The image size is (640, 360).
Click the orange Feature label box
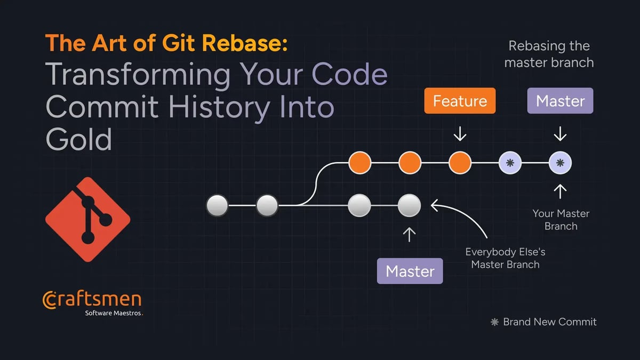click(460, 101)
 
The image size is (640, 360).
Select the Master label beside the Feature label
click(560, 101)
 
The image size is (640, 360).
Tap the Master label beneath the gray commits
click(410, 271)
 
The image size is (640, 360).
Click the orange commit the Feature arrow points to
click(460, 163)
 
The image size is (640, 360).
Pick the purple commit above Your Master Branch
click(560, 163)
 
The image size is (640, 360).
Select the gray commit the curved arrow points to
click(409, 205)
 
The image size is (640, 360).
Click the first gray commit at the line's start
click(217, 205)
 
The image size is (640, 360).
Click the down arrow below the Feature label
click(460, 134)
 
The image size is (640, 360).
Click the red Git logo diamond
click(87, 219)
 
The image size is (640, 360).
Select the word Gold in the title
click(79, 140)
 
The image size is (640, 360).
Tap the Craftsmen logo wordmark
click(91, 300)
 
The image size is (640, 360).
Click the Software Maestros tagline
click(114, 313)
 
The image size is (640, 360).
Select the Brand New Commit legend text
click(549, 322)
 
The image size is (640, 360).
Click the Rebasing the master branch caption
click(549, 54)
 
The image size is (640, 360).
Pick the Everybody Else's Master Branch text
click(505, 258)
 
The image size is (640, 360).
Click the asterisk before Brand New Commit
click(494, 322)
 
